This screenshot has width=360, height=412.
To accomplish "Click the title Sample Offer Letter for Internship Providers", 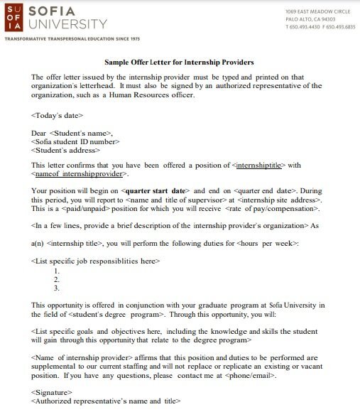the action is coord(179,63).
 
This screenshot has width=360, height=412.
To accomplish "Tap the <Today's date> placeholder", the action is coord(58,114).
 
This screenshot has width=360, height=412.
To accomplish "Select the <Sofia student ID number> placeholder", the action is coord(73,141).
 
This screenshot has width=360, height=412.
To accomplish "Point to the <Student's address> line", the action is coord(63,150).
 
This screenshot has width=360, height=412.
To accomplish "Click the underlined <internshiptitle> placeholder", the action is coord(258,166).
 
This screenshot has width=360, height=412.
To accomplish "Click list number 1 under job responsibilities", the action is coord(57,271).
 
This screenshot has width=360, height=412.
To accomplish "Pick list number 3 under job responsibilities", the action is coord(57,288).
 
